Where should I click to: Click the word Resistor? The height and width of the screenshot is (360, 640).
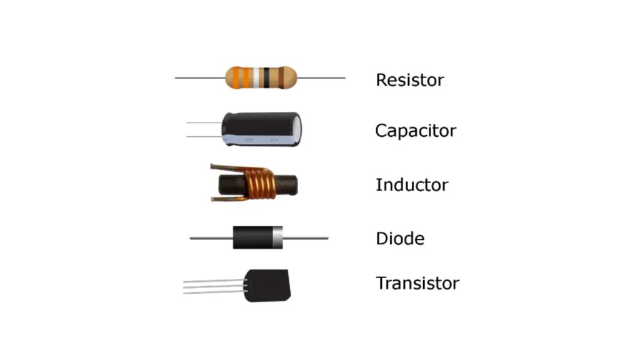click(409, 80)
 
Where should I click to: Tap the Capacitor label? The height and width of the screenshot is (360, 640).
click(416, 131)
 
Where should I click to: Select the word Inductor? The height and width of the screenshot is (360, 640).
click(411, 185)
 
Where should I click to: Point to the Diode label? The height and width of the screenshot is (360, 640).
click(400, 239)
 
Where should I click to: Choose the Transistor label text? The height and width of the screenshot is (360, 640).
click(417, 283)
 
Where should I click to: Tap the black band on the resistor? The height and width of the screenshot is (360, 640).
click(267, 77)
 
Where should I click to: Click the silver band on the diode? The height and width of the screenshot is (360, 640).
click(277, 237)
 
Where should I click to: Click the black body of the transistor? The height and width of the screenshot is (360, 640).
click(269, 285)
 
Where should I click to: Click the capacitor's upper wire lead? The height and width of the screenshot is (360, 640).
click(204, 122)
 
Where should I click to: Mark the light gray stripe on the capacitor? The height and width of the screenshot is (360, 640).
click(262, 139)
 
